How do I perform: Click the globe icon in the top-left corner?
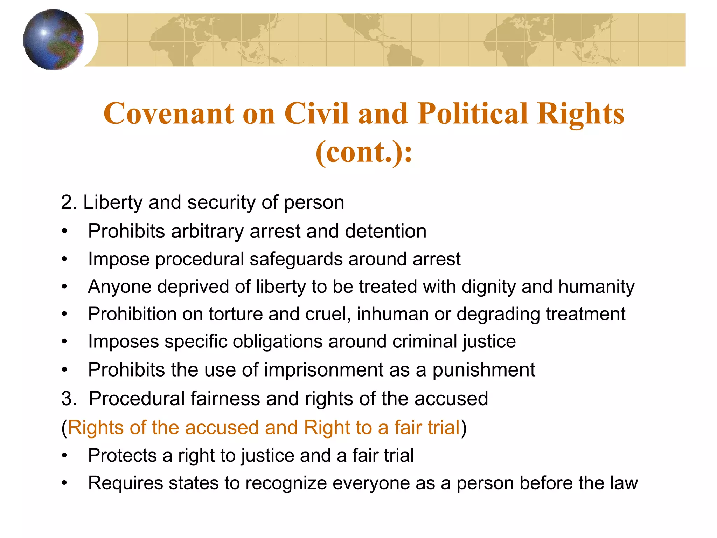(x=53, y=40)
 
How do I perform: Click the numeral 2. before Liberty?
(x=69, y=202)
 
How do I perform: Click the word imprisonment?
(x=323, y=370)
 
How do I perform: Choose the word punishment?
(x=483, y=370)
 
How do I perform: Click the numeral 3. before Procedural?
(x=69, y=399)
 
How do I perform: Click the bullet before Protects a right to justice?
(x=64, y=456)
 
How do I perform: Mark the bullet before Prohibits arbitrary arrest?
(x=64, y=232)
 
